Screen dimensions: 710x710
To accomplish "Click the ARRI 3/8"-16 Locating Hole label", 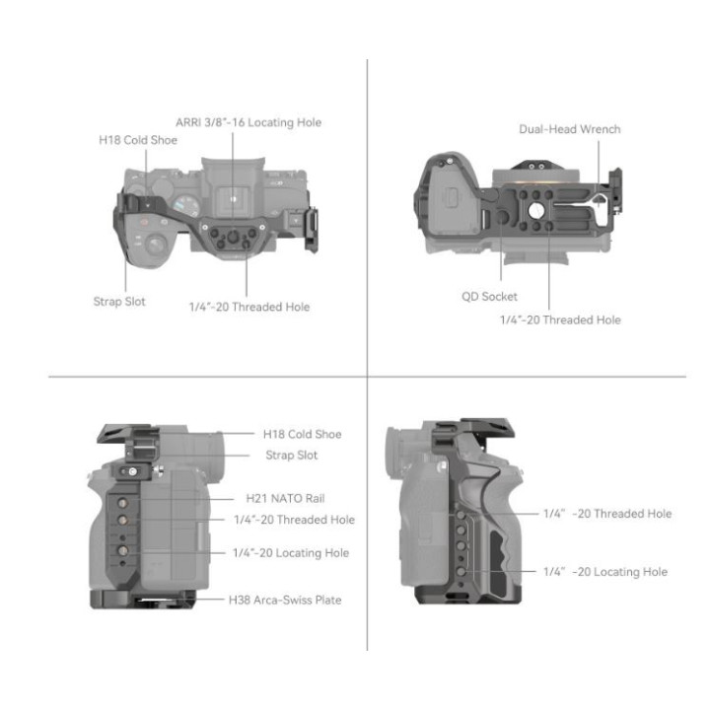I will coord(248,122).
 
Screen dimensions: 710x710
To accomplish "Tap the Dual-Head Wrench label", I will coord(570,129).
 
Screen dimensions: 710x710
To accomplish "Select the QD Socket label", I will coord(489,296).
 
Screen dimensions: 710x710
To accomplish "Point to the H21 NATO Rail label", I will coord(281,499).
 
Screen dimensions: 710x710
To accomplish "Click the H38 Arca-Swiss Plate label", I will coord(285,599).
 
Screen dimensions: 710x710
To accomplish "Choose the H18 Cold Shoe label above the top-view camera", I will coord(138,140).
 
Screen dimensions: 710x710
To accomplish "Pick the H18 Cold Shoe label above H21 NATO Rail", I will coord(302,434).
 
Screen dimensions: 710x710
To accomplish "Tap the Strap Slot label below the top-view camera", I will coord(119,302).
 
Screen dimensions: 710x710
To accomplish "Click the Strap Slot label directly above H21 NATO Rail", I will coord(292,456).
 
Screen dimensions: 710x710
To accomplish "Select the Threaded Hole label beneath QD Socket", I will coord(560,319).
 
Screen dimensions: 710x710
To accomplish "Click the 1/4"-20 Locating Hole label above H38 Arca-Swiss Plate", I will coord(291,553).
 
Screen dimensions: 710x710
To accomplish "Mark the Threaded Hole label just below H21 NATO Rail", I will coord(294,520).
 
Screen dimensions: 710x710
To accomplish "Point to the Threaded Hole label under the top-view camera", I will coord(248,307).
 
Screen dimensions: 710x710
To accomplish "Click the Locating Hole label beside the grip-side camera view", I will coord(604,572).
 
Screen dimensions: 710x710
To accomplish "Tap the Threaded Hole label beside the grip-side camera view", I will coord(606,514).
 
